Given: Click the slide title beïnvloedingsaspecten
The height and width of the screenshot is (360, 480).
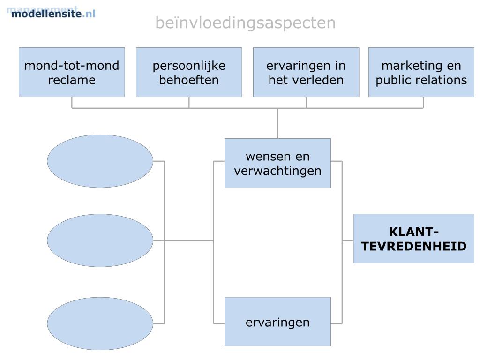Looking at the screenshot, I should click(245, 22).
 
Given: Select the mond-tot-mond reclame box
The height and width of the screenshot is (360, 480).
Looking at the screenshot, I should click(72, 72).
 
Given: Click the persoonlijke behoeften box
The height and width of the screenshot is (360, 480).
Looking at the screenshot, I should click(189, 72).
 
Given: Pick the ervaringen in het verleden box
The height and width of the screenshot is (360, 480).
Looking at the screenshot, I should click(306, 72).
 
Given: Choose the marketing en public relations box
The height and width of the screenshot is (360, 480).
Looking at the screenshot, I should click(421, 72).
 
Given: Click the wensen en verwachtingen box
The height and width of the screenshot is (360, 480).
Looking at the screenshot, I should click(277, 163).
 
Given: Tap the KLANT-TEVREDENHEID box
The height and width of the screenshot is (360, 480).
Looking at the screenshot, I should click(413, 239).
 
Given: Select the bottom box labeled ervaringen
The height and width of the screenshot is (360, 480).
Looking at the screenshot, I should click(277, 322).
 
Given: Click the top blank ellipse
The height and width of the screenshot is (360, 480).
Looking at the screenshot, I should click(100, 161).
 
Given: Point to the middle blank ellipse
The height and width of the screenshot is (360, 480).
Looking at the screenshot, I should click(100, 240).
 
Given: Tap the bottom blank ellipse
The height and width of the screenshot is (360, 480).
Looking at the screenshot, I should click(100, 323).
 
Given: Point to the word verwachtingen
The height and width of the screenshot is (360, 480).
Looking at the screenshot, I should click(278, 171).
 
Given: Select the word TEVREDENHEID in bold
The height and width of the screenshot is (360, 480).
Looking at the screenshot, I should click(414, 246).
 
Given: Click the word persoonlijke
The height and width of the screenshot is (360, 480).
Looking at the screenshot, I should click(189, 66).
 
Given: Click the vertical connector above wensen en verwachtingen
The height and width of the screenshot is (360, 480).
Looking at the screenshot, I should click(278, 123).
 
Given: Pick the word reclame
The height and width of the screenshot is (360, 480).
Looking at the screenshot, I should click(72, 80).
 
